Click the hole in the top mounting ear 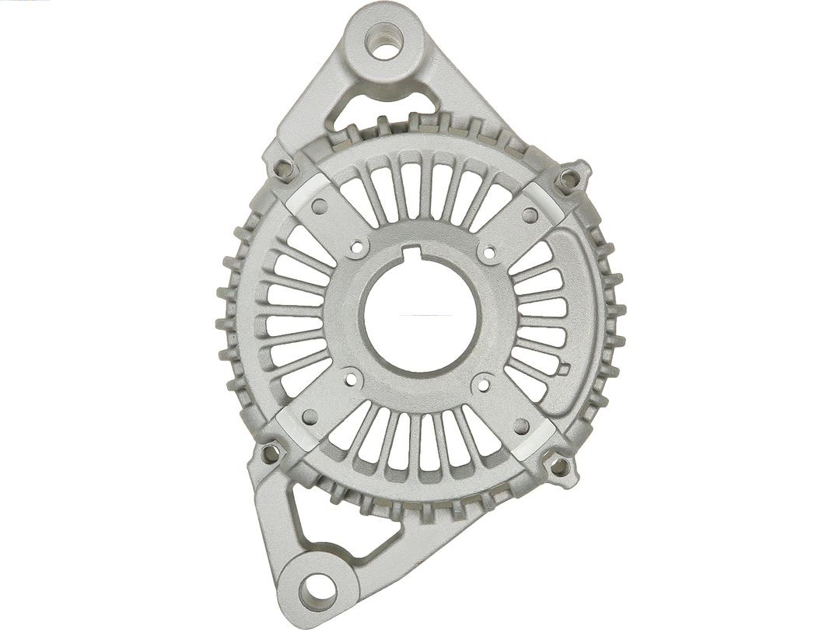[x=384, y=41]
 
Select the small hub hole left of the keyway [x=357, y=247]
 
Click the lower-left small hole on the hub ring [x=351, y=380]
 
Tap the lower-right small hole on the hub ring [x=482, y=383]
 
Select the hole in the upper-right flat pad [x=530, y=214]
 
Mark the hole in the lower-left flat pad [x=310, y=418]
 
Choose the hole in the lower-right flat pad [x=522, y=426]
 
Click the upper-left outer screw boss [x=284, y=167]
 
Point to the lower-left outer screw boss [x=271, y=452]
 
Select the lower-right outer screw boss [x=559, y=467]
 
